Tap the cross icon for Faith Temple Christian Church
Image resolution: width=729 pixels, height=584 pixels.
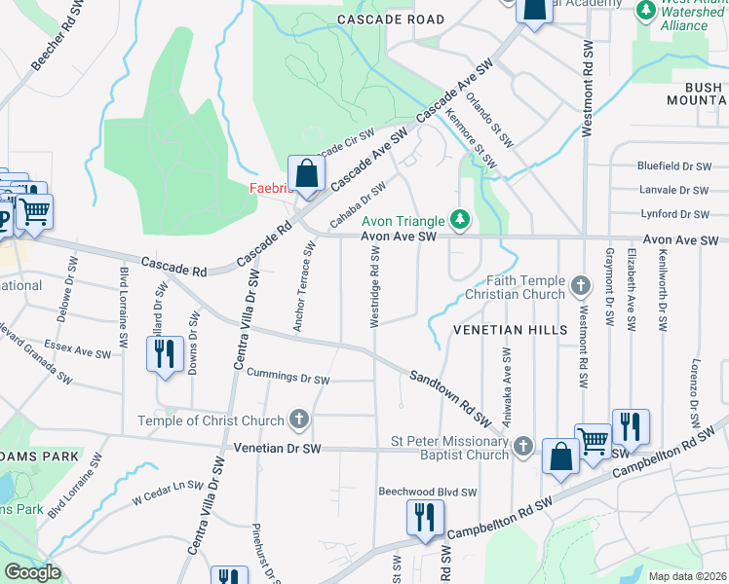(581, 286)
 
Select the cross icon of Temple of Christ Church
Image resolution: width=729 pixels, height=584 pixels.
(299, 420)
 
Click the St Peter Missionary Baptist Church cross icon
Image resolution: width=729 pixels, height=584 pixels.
(523, 447)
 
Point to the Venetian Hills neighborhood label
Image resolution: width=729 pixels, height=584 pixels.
(510, 330)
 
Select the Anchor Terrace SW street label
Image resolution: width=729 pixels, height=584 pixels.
(303, 287)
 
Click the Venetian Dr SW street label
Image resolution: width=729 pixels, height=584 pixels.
(278, 448)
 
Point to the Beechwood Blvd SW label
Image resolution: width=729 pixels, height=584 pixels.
(427, 493)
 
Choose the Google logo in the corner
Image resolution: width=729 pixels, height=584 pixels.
(31, 572)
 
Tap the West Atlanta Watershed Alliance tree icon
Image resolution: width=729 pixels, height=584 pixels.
(645, 9)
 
